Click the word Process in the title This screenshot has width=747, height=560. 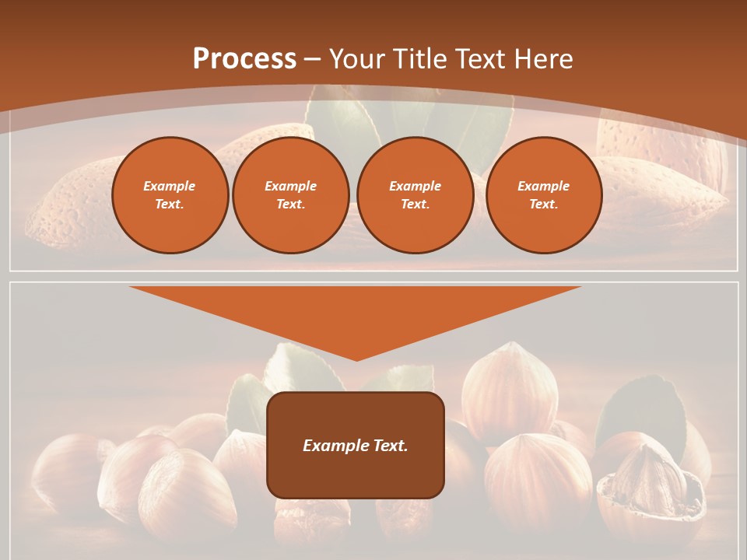click(x=244, y=58)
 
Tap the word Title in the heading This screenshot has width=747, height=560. click(x=423, y=58)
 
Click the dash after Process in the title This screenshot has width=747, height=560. click(x=313, y=60)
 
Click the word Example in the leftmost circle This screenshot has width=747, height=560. click(x=170, y=186)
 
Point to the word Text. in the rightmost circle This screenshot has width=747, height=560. click(x=544, y=204)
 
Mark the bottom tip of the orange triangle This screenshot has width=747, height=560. click(x=356, y=359)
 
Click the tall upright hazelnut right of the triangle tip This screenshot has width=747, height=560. click(x=510, y=389)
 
